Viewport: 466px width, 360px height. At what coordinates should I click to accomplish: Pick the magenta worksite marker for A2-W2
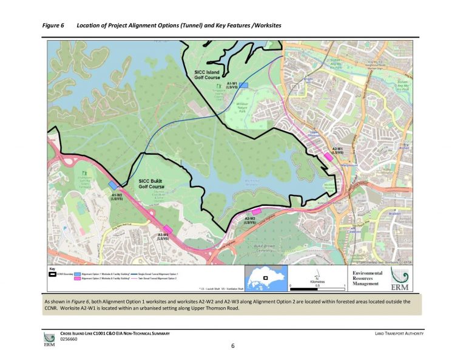pyautogui.click(x=256, y=211)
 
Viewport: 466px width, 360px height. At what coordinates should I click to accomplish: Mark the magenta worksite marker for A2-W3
pyautogui.click(x=167, y=229)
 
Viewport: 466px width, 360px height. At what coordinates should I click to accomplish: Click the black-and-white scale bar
pyautogui.click(x=317, y=285)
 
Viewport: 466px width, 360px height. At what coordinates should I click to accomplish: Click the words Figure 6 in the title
pyautogui.click(x=53, y=25)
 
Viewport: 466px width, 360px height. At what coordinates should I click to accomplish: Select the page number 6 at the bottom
pyautogui.click(x=232, y=346)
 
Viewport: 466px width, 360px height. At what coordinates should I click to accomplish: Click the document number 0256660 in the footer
pyautogui.click(x=69, y=340)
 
